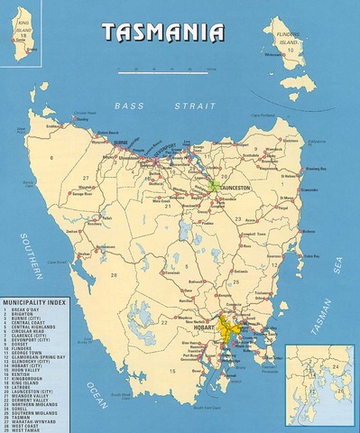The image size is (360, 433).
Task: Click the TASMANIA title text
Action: click(x=162, y=32)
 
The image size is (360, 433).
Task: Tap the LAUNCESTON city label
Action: click(x=235, y=178)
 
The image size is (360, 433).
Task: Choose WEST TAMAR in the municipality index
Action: click(x=31, y=429)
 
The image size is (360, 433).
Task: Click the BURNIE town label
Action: click(x=120, y=143)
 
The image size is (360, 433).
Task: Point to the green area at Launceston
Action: click(x=214, y=184)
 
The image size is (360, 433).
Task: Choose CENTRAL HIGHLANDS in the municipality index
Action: click(x=37, y=324)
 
